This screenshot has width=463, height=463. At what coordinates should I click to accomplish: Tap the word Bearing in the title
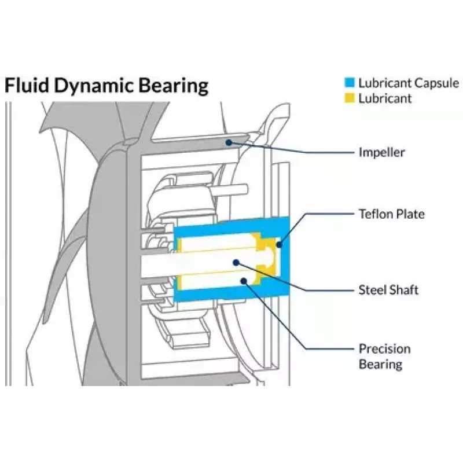coord(173,86)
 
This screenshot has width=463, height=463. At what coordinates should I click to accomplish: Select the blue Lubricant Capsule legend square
coord(350,83)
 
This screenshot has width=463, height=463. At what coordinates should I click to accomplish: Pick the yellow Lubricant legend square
coord(350,98)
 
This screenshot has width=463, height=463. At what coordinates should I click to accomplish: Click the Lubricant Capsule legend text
coord(409,83)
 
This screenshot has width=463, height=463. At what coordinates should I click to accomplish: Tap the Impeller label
coord(381,152)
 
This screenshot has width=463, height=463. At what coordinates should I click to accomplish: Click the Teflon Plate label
coord(392,214)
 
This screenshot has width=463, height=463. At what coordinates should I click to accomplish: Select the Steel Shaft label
coord(388,290)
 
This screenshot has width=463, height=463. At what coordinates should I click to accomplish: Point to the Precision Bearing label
coord(384,356)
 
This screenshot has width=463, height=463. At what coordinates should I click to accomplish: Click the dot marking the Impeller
coord(228,143)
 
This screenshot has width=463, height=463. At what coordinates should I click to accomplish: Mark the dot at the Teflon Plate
coord(279,244)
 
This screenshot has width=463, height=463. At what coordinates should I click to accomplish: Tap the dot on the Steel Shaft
coord(236,262)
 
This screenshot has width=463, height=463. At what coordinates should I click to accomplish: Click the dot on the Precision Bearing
coord(244,281)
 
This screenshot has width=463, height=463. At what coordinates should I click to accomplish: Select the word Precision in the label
coord(384,349)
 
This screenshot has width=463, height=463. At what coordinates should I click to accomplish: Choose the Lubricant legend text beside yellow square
coord(385,98)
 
